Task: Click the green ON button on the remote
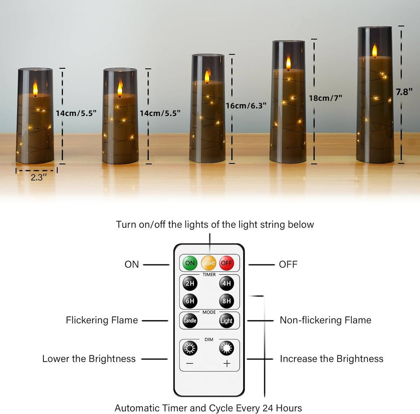pyautogui.click(x=190, y=263)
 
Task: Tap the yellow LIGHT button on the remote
pyautogui.click(x=209, y=263)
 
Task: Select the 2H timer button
pyautogui.click(x=190, y=283)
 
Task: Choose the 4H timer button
pyautogui.click(x=227, y=283)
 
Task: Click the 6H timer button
pyautogui.click(x=190, y=301)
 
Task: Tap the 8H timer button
pyautogui.click(x=227, y=301)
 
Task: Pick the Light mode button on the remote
pyautogui.click(x=227, y=321)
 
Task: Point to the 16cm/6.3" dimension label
pyautogui.click(x=246, y=106)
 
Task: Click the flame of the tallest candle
pyautogui.click(x=374, y=51)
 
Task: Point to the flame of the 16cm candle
pyautogui.click(x=207, y=77)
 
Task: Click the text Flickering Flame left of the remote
pyautogui.click(x=102, y=320)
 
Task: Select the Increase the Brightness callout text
pyautogui.click(x=332, y=359)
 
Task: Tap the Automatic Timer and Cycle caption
pyautogui.click(x=208, y=408)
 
